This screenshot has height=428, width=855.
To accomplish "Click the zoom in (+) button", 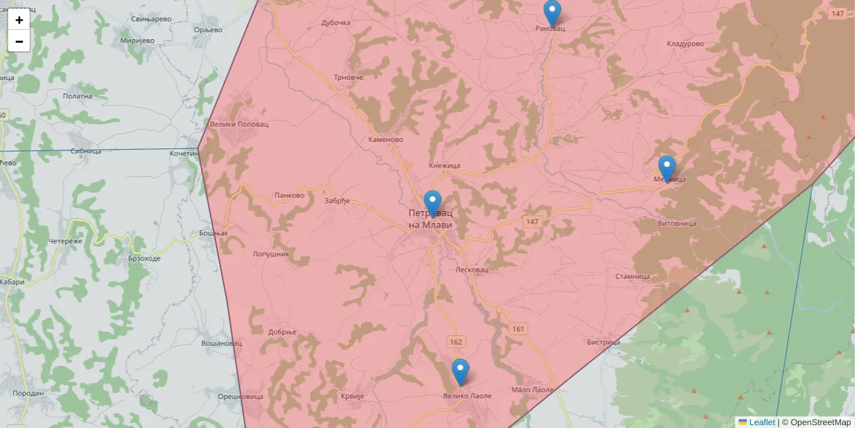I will point(19,20).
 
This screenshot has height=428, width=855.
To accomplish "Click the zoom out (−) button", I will point(19,41).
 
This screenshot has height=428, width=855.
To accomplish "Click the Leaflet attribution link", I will point(761,422).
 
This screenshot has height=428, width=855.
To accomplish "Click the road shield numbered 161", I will point(518,329).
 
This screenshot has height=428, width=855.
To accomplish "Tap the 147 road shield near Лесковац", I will point(532,222).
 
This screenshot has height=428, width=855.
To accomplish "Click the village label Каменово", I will point(386,140).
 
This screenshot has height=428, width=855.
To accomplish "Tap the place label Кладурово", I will point(685,44).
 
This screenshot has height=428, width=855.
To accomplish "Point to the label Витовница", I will point(675,223).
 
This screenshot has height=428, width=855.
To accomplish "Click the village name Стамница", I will point(633,277).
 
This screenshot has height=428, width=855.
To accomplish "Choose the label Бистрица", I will point(603,342).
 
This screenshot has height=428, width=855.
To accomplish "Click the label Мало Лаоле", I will point(532,390).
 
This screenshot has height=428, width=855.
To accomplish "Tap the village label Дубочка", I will point(336,23).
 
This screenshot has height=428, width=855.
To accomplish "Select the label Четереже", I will point(66,241).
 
